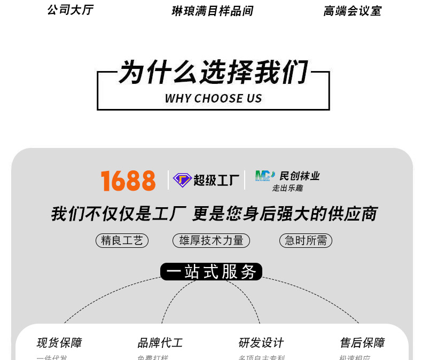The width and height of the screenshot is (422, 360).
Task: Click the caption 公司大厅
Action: click(70, 10)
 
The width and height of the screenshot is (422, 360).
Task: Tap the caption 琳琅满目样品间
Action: click(212, 11)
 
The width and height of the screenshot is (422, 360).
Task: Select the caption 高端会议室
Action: click(352, 11)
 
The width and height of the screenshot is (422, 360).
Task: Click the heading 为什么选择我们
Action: click(213, 73)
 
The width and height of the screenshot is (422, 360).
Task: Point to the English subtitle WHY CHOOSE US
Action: click(213, 98)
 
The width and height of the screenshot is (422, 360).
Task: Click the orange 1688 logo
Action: click(128, 181)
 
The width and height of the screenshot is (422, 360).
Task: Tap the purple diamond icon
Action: click(182, 181)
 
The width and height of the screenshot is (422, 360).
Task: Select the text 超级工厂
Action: click(216, 181)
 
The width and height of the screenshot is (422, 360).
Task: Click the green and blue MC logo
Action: click(264, 176)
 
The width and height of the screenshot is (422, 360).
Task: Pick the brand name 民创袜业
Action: click(300, 176)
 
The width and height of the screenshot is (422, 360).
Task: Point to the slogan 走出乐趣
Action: click(287, 188)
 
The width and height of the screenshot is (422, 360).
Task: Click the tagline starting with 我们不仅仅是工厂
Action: click(214, 214)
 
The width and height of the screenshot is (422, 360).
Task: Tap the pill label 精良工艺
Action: click(122, 241)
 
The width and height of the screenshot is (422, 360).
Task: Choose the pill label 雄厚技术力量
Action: click(211, 241)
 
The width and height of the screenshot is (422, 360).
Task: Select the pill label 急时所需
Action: click(306, 241)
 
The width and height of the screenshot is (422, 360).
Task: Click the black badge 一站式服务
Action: click(211, 272)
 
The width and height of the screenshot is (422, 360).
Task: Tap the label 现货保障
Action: click(59, 343)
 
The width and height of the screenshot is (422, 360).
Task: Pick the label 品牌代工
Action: click(160, 343)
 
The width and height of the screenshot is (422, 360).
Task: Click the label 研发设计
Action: click(261, 343)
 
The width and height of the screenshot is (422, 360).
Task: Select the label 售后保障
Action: click(362, 343)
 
